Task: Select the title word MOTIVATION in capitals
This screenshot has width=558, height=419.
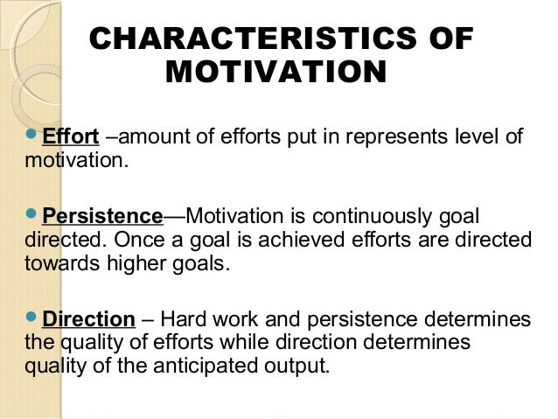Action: (275, 72)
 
